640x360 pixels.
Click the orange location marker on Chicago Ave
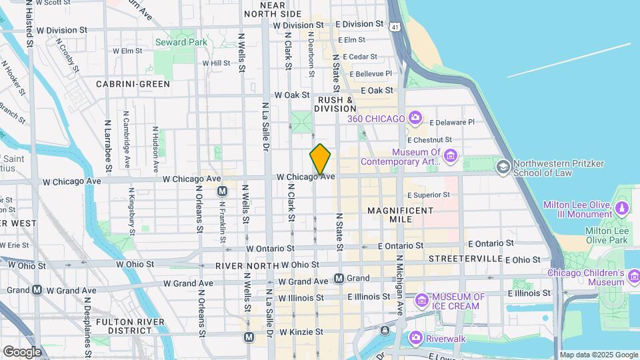click(x=320, y=159)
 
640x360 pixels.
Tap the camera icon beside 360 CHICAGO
click(x=415, y=118)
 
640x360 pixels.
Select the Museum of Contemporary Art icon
click(x=451, y=156)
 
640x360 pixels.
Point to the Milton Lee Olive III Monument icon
click(x=622, y=209)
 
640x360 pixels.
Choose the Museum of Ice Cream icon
click(x=422, y=301)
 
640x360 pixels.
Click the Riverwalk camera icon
click(x=416, y=338)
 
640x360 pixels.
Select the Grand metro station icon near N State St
click(x=339, y=278)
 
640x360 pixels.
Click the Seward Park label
click(x=181, y=42)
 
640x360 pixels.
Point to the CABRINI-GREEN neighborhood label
click(x=133, y=84)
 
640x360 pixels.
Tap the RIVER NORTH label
click(x=246, y=265)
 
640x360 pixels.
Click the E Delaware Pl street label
click(x=452, y=122)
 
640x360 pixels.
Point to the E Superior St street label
click(x=429, y=195)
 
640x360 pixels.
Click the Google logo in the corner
click(x=22, y=351)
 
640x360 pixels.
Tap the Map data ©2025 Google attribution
click(x=598, y=355)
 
